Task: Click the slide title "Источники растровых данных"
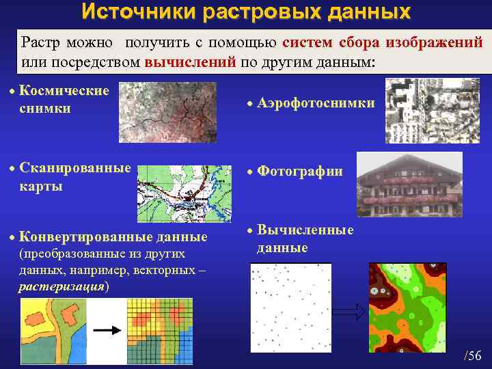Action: pos(246,12)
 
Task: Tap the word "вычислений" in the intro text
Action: pos(191,62)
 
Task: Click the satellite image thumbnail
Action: pos(167,112)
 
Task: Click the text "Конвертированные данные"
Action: pos(113,237)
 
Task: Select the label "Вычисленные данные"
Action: pos(305,238)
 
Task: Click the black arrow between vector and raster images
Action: pos(107,329)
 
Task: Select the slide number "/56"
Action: pos(472,355)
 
